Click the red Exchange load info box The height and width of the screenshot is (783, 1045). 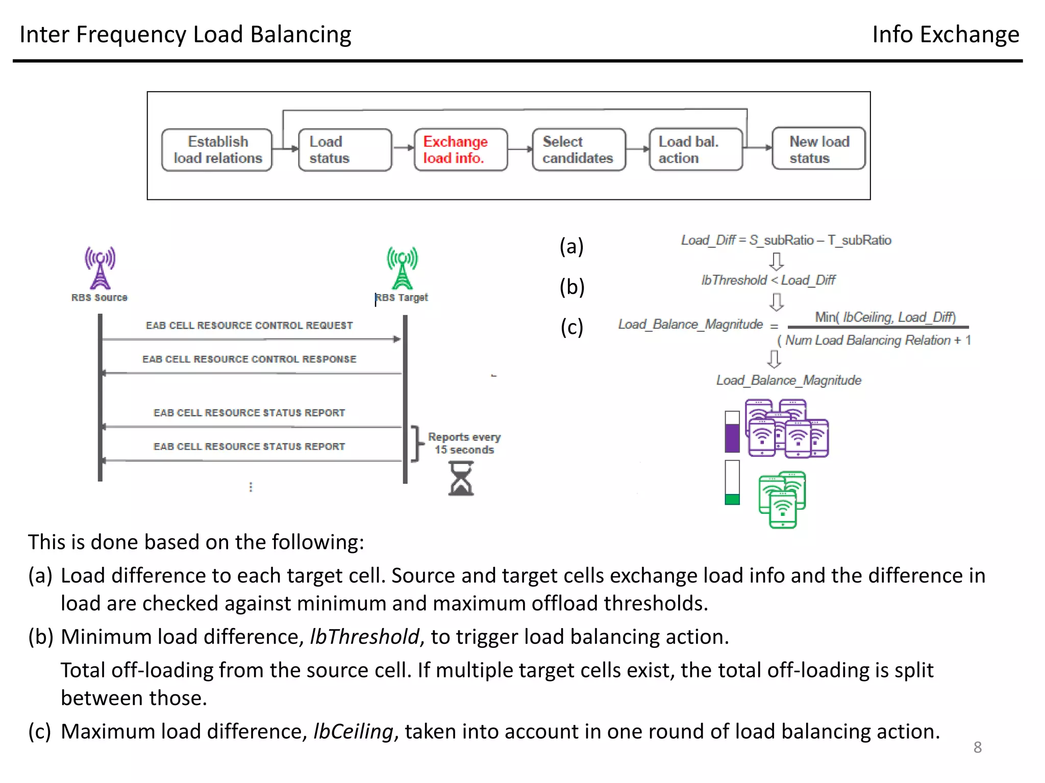[x=461, y=149]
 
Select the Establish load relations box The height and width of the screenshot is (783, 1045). [x=217, y=149]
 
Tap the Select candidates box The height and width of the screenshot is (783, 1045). [x=578, y=149]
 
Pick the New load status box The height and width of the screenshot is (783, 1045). [x=818, y=149]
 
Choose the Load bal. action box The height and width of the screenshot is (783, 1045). [x=695, y=149]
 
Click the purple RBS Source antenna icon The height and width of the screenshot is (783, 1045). [x=100, y=268]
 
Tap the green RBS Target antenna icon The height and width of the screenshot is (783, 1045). [x=402, y=268]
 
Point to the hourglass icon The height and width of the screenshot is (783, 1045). [x=461, y=479]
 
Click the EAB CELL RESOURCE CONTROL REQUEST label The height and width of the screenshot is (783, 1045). [x=249, y=325]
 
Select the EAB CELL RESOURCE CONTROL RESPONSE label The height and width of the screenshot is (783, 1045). [x=249, y=359]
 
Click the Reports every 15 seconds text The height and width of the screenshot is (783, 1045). [x=464, y=443]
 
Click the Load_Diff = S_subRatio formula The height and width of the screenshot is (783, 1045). [x=786, y=240]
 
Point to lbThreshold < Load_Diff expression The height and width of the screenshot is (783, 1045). [x=768, y=280]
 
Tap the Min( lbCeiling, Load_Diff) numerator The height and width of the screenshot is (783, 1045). [x=885, y=317]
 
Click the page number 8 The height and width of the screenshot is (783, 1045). [x=977, y=747]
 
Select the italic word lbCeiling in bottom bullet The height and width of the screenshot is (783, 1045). [x=353, y=732]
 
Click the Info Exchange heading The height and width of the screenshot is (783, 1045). [x=945, y=35]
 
